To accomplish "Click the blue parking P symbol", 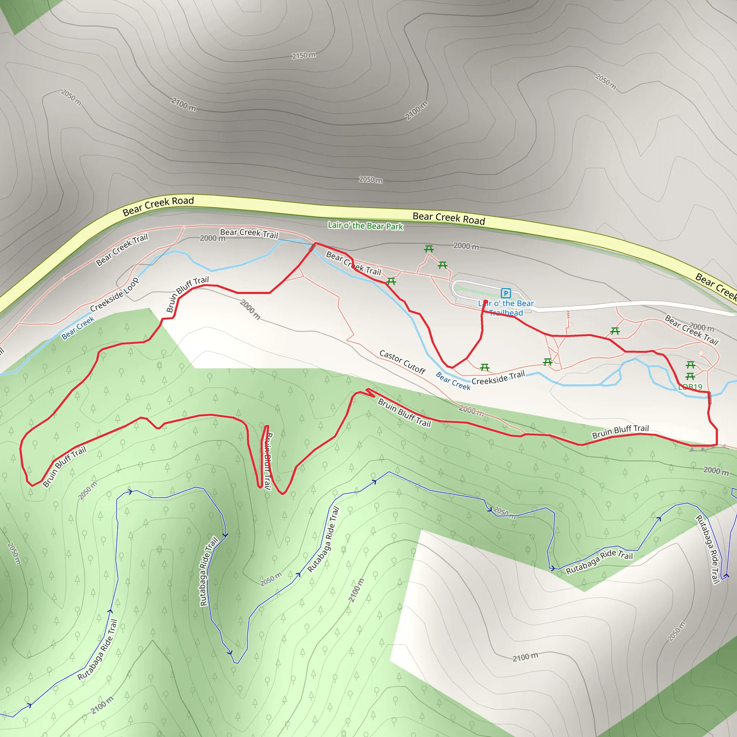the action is click(506, 293).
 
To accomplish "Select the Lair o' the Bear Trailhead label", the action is click(506, 308).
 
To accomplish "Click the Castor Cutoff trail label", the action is click(402, 362).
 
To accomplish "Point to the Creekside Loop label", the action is click(114, 295).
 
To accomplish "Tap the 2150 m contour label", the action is click(304, 55).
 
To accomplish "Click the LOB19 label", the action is click(690, 387).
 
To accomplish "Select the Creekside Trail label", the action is click(498, 377).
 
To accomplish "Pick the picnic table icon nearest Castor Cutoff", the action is click(484, 367).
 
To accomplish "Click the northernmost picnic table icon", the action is click(429, 249).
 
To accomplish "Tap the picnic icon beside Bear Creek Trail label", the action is click(391, 281).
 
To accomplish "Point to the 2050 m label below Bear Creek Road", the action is click(370, 179).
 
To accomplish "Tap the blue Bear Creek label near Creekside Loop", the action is click(78, 328).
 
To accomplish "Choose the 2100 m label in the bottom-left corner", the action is click(102, 705).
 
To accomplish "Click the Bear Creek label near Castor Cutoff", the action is click(453, 380).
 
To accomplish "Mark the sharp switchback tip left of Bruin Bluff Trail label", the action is click(367, 389).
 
